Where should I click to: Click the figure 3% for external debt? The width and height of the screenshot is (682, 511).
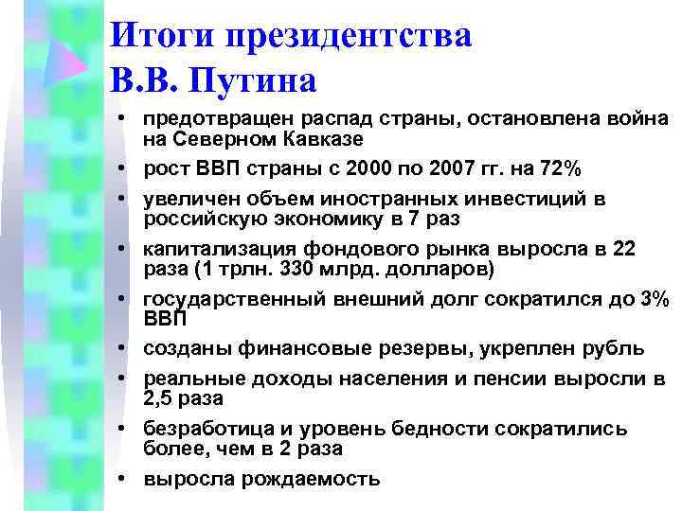point(654,299)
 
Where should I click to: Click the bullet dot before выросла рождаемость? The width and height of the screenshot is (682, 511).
point(124,479)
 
